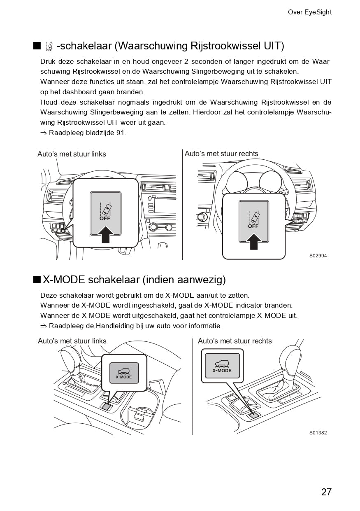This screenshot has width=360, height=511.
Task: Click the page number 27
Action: point(326,492)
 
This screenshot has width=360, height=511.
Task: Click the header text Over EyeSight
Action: point(309,12)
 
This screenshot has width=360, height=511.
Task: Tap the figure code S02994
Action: point(318,256)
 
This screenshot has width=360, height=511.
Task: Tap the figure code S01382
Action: point(318,433)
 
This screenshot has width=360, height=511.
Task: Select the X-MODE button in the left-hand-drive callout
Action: point(124,373)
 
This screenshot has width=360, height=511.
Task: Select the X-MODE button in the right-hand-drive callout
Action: point(222,366)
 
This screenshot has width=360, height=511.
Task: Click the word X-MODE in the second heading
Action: point(64,280)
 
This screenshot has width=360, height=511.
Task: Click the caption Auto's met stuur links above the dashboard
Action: point(72,154)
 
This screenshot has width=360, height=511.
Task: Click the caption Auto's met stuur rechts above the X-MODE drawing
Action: point(235,341)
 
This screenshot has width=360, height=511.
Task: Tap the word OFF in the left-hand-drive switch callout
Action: point(105,219)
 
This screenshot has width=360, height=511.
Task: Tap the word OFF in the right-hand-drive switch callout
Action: point(253,226)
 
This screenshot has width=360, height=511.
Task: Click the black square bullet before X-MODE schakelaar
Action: point(37,280)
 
